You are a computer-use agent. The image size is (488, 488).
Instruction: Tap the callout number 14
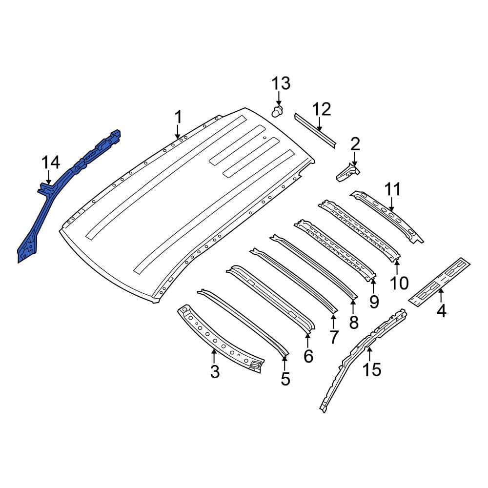tap(50, 163)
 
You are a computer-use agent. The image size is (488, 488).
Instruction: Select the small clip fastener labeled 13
tap(278, 111)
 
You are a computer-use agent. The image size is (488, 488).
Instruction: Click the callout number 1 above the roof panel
tap(178, 117)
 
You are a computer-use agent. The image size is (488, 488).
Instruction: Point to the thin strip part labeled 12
tap(315, 130)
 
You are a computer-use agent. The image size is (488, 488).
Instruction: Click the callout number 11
tap(393, 189)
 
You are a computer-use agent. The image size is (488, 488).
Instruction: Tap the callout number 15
tap(371, 369)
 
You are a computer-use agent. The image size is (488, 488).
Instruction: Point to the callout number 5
tap(285, 379)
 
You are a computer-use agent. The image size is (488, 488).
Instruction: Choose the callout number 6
tap(308, 356)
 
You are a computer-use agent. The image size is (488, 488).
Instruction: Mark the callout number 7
tap(334, 337)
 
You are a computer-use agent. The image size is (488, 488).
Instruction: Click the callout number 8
tap(354, 323)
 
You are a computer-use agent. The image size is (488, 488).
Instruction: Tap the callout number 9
tap(374, 302)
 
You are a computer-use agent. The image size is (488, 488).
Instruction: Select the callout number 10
tap(399, 283)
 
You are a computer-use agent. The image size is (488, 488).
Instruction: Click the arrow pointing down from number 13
tap(279, 99)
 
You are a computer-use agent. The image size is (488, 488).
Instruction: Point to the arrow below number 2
tap(354, 160)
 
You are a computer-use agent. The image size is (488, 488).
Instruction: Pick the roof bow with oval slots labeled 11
tap(386, 217)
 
